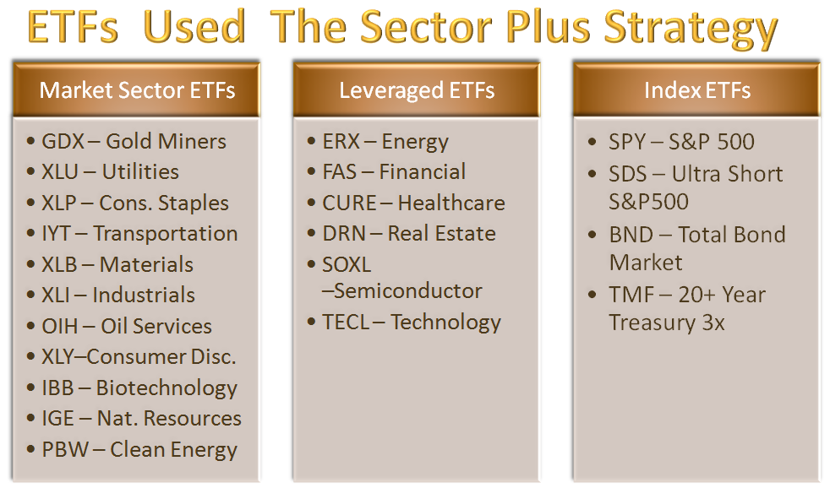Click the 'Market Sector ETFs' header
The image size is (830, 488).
[137, 89]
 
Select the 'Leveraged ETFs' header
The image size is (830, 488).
[417, 89]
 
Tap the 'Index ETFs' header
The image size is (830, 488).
[696, 89]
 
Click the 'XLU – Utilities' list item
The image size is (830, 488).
[110, 172]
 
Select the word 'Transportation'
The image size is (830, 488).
[165, 234]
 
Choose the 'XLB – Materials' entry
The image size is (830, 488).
[117, 265]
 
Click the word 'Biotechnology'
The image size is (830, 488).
[167, 388]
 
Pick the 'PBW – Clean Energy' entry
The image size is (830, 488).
[139, 450]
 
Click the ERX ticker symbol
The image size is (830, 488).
[341, 141]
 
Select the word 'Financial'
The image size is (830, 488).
[423, 172]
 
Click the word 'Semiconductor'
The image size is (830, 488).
[407, 291]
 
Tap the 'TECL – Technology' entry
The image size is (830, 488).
[412, 323]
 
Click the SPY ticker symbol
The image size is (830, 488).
[626, 141]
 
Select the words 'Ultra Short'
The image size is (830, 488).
[728, 174]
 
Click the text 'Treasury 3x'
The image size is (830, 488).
[667, 323]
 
